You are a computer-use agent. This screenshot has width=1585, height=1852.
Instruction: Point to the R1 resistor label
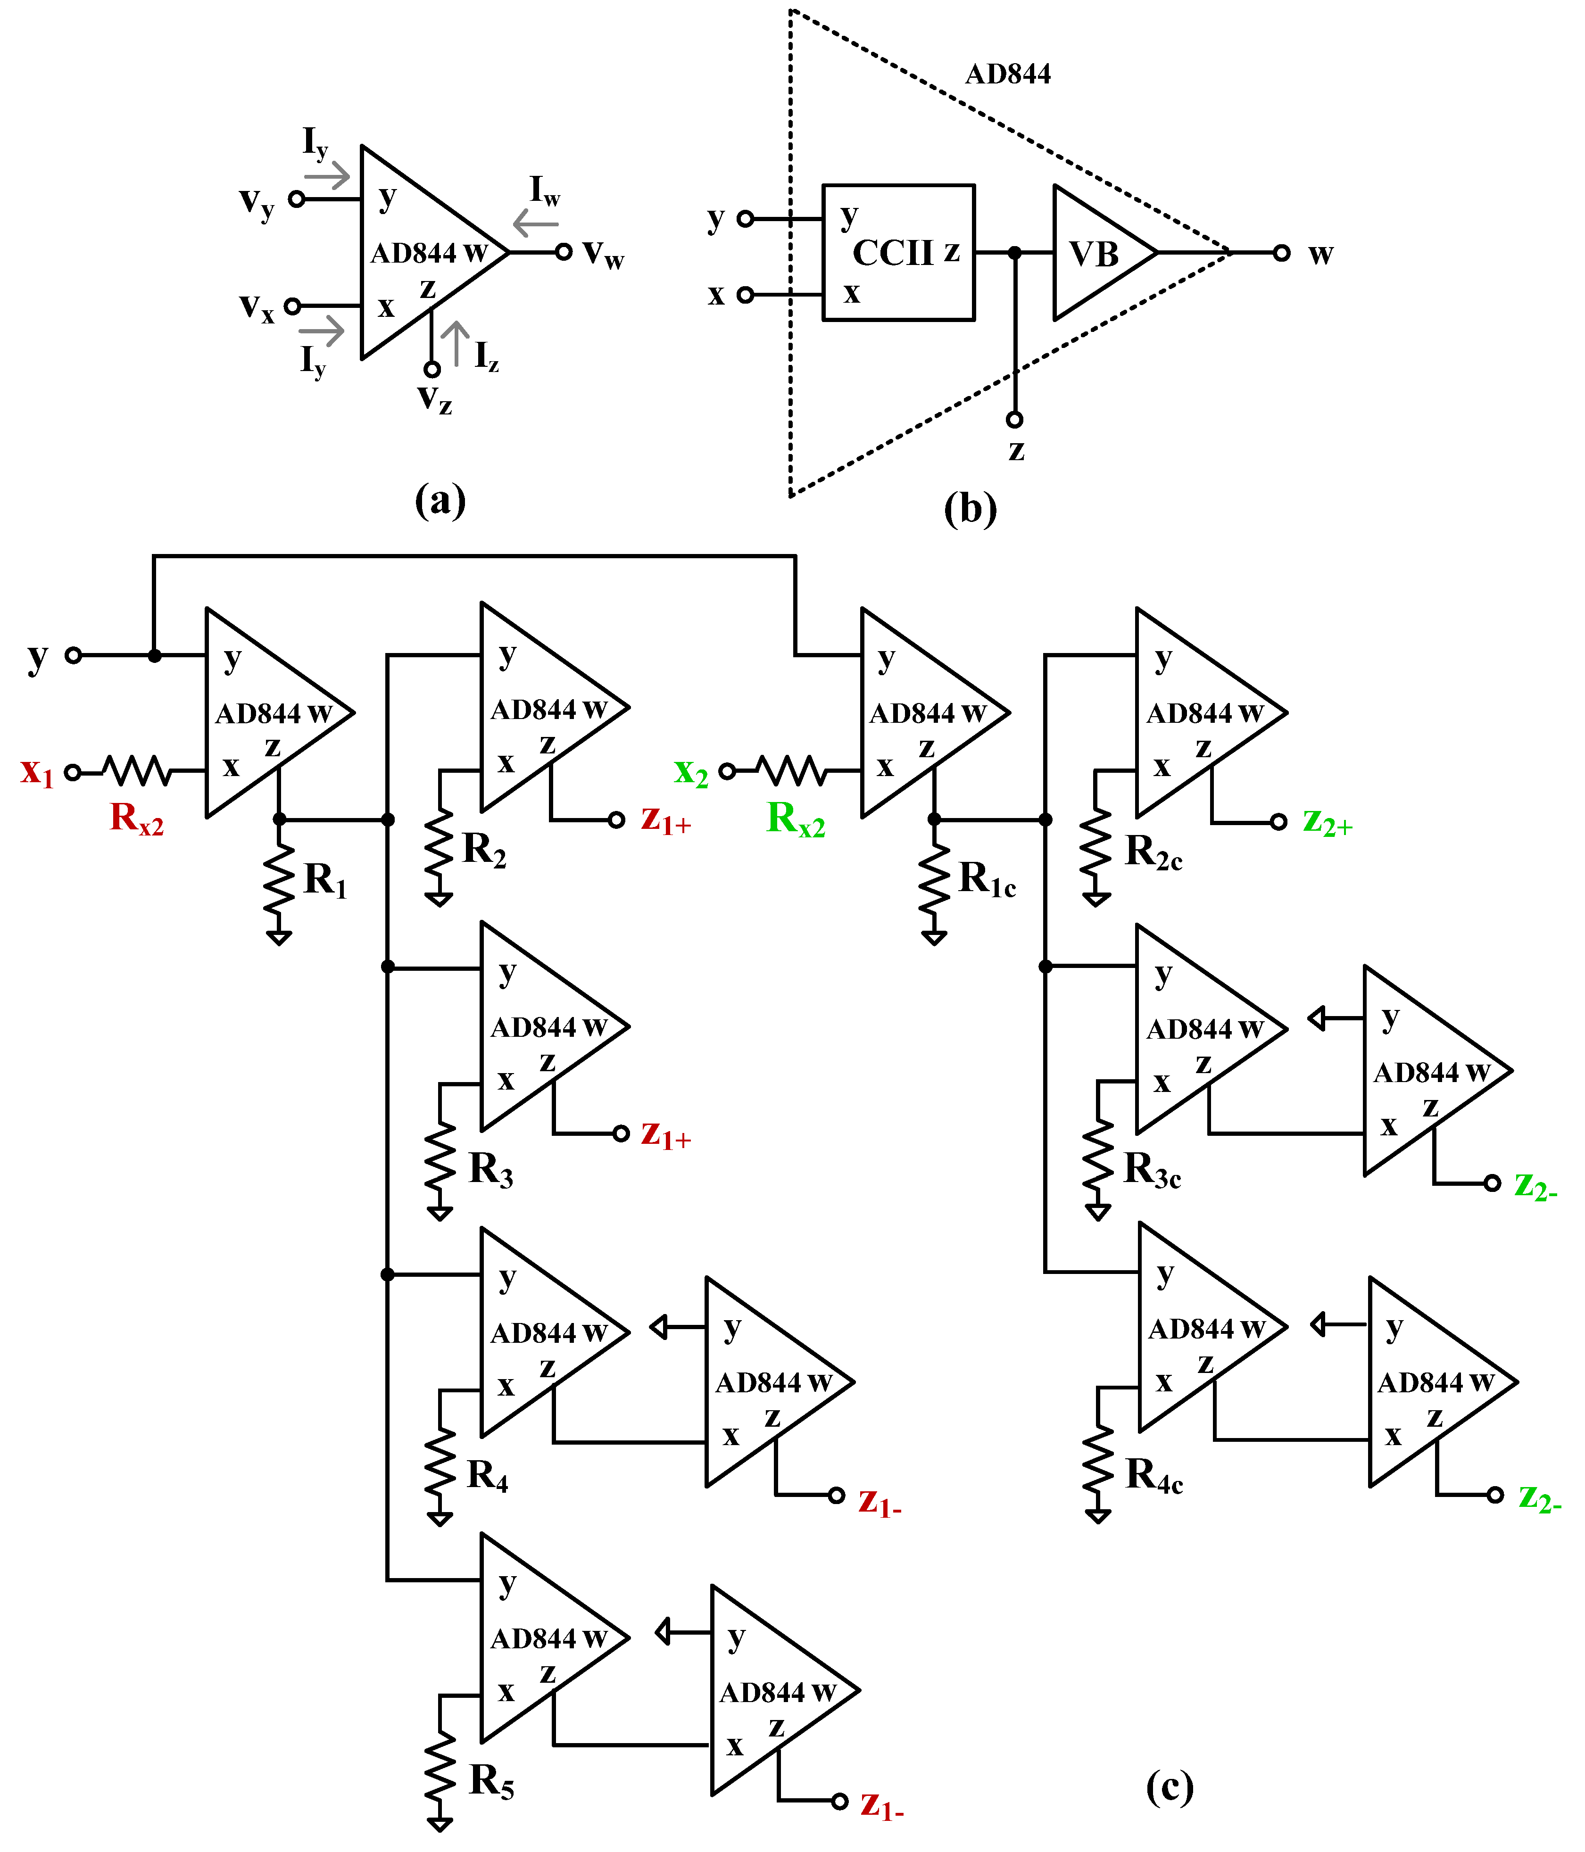[x=324, y=880]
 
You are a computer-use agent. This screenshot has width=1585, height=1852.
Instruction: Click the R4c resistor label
[x=1153, y=1475]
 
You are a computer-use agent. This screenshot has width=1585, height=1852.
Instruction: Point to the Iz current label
[x=485, y=356]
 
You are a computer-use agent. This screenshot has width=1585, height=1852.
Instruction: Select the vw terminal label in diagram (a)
[x=604, y=254]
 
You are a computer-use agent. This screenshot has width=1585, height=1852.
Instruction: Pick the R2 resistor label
[x=484, y=849]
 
